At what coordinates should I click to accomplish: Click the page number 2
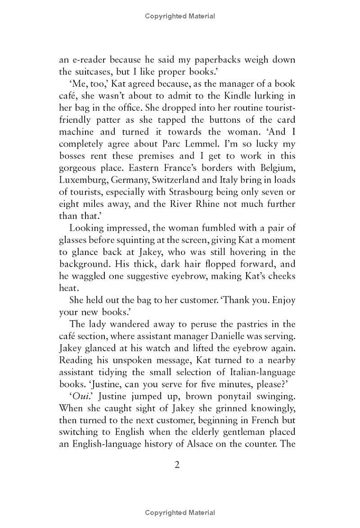click(x=177, y=465)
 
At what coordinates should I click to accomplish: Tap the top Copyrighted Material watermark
click(x=180, y=16)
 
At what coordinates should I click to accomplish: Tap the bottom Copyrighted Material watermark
click(x=180, y=513)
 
